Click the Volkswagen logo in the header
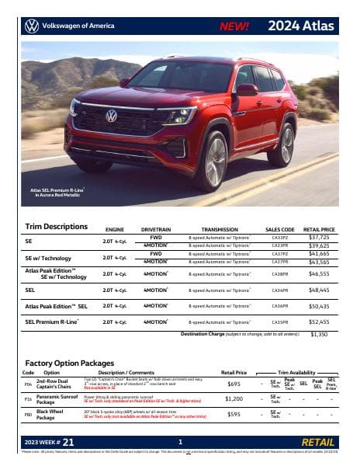[31, 26]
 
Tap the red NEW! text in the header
[234, 26]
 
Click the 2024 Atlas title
[301, 26]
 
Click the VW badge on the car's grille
[112, 116]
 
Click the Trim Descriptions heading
[57, 227]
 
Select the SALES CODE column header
[280, 230]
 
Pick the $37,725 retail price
[319, 238]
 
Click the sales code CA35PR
[280, 322]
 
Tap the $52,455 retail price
[319, 322]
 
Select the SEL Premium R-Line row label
[52, 322]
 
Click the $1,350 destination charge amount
[319, 334]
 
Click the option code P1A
[28, 399]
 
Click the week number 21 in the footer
[68, 443]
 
